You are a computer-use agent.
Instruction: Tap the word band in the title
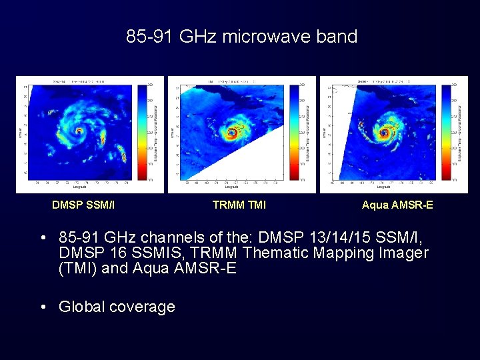(337, 37)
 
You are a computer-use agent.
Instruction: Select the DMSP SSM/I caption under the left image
(83, 205)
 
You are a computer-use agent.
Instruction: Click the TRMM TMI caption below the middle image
(239, 205)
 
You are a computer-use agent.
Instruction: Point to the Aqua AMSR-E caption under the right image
(397, 205)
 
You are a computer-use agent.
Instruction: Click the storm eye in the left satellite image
(79, 131)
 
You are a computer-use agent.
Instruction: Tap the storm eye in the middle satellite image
(233, 133)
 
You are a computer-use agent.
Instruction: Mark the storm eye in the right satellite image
(385, 132)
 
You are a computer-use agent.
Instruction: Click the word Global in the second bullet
(82, 307)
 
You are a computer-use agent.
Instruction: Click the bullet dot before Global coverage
(43, 307)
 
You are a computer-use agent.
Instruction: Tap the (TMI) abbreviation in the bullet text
(77, 269)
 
